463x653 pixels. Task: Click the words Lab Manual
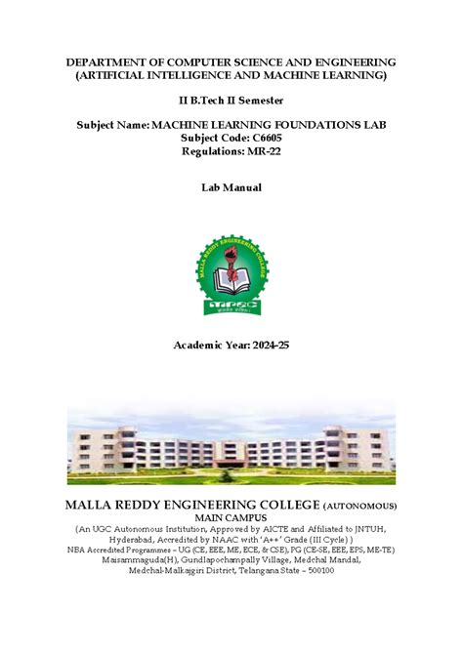pos(231,187)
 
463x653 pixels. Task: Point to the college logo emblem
pos(231,275)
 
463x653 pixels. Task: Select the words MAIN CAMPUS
pos(231,516)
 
